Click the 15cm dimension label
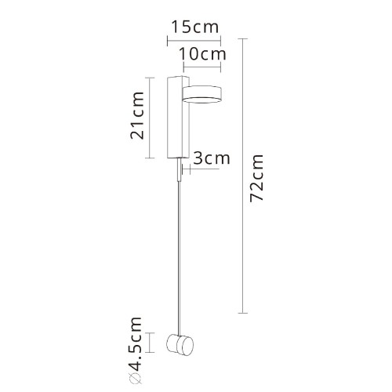pyautogui.click(x=194, y=26)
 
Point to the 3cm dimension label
pyautogui.click(x=211, y=158)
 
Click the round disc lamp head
pyautogui.click(x=202, y=94)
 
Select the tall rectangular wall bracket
pyautogui.click(x=175, y=118)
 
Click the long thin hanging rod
pyautogui.click(x=180, y=259)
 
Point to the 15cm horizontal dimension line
pyautogui.click(x=194, y=38)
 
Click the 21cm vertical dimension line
pyautogui.click(x=150, y=118)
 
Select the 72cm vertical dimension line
pyautogui.click(x=244, y=176)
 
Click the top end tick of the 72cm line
pyautogui.click(x=244, y=40)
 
